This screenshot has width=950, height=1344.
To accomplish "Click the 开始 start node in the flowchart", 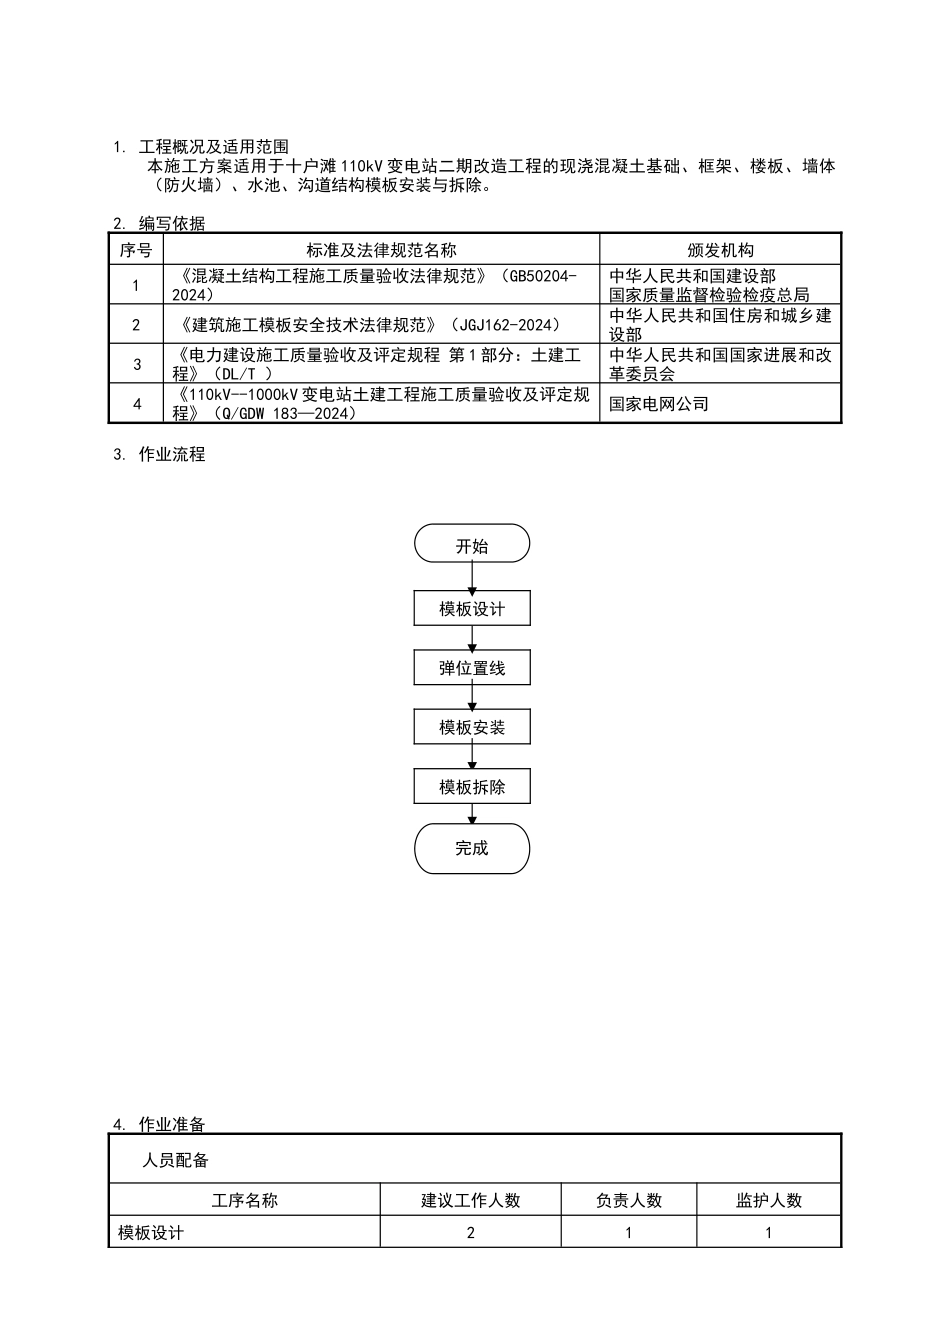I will click(471, 545).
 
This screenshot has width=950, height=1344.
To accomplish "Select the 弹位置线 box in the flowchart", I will click(471, 668).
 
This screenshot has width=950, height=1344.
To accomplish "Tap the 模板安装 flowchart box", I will click(471, 727).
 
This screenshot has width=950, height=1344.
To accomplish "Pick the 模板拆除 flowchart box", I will click(471, 787).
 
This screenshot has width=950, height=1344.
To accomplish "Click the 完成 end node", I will click(471, 848).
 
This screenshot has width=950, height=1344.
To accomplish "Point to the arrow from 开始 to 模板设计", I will click(472, 577).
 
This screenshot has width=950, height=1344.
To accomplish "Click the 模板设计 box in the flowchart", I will click(471, 608).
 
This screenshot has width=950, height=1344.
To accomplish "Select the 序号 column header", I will click(136, 250).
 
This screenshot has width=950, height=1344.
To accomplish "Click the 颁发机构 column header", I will click(720, 250).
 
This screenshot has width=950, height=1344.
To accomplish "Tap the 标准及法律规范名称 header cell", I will click(381, 250).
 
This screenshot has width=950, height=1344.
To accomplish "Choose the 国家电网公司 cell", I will click(659, 404).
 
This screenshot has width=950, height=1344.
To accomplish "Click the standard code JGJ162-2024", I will click(505, 325).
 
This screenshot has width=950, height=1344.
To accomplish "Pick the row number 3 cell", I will click(136, 364).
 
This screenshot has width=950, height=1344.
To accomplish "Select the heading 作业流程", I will click(172, 454).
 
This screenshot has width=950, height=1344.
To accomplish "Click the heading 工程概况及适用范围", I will click(213, 147).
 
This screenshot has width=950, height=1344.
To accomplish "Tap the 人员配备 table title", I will click(176, 1160).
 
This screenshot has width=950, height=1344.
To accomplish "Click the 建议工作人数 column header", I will click(470, 1201).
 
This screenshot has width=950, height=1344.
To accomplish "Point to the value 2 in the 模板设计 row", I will click(470, 1233).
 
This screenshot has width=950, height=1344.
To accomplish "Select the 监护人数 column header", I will click(768, 1201).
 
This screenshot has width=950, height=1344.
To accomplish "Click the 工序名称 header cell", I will click(245, 1201).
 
